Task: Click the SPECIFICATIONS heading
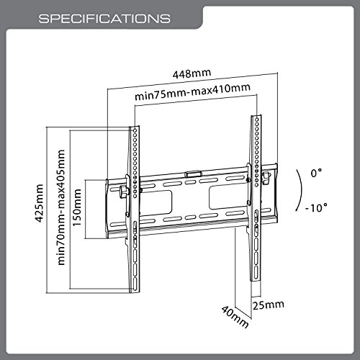point(104,19)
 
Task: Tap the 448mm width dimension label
point(192,73)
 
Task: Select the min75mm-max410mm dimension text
point(192,92)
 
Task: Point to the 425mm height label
point(40,203)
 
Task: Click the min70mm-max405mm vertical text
point(61,207)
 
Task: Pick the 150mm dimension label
point(77,207)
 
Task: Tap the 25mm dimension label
point(269,305)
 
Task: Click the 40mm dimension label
point(235,317)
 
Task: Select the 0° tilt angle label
point(316,173)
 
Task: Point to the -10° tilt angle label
point(316,207)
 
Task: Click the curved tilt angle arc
point(301,190)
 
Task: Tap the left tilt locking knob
point(124,192)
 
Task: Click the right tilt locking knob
point(266,178)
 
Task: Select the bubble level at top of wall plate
point(193,174)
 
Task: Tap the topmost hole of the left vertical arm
point(135,130)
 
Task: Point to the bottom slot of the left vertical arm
point(135,283)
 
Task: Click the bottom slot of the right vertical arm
point(256,271)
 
